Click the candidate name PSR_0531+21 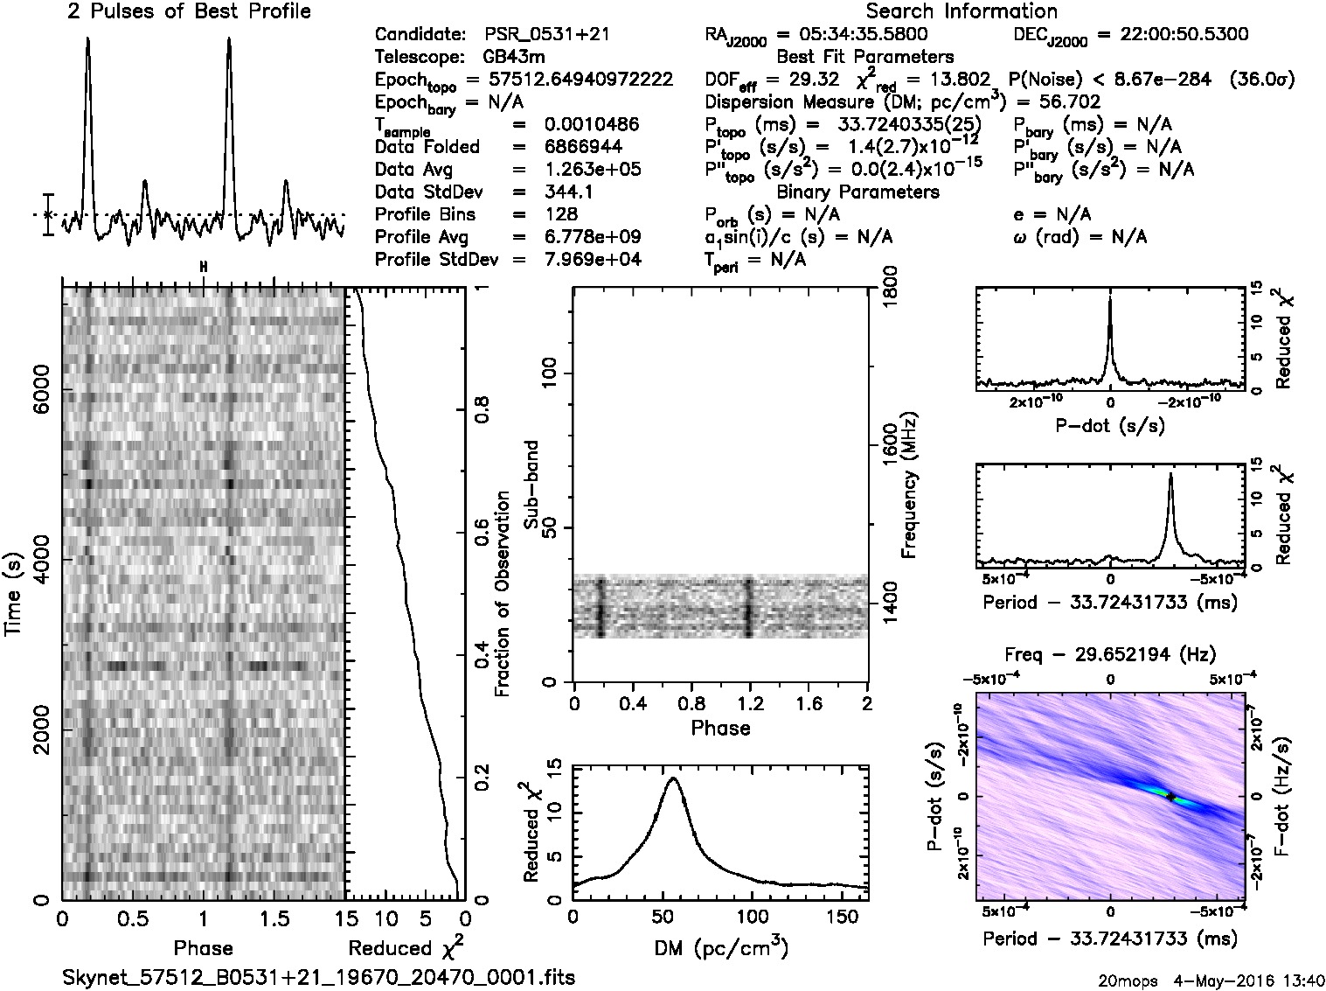[x=546, y=34]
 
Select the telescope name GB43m [x=514, y=57]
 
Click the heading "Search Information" [x=961, y=11]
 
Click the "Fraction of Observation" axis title [x=502, y=594]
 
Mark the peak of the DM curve [x=672, y=778]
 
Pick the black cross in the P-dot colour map [x=1172, y=797]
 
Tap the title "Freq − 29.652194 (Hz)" [x=1110, y=653]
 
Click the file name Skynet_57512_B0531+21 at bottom [x=319, y=977]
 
